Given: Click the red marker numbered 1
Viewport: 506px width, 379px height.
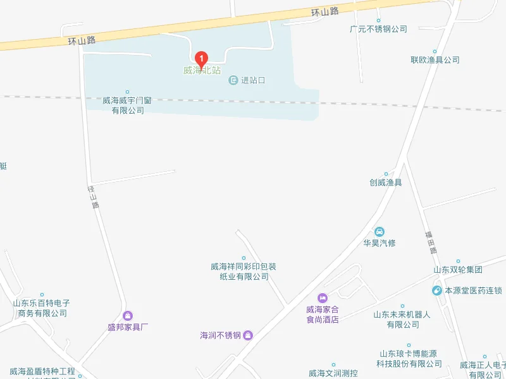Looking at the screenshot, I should [x=202, y=59].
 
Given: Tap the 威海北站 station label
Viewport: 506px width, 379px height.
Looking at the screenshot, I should [x=202, y=70].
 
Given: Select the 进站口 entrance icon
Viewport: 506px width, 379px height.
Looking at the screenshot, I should [x=233, y=80].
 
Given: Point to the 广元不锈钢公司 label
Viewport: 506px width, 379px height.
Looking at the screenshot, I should [x=378, y=29].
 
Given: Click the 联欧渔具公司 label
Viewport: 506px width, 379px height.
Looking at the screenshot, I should [x=435, y=60].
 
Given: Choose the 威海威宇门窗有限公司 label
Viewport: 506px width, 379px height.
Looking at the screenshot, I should [x=128, y=105].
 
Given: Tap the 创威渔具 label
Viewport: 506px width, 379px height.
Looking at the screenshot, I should [x=386, y=183].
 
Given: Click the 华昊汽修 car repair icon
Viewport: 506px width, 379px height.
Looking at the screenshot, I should [x=379, y=231].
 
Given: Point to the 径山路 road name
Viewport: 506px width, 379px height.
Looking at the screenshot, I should [x=94, y=196].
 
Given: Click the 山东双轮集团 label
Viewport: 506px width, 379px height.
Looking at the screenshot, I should [x=458, y=270].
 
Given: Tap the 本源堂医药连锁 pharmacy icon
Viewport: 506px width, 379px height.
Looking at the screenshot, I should [x=437, y=291].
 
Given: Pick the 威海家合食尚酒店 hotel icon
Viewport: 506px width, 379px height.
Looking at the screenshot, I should [x=323, y=298].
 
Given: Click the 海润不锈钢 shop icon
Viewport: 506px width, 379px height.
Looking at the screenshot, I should [x=248, y=335].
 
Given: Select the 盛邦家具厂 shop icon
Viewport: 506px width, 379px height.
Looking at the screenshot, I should [x=128, y=315].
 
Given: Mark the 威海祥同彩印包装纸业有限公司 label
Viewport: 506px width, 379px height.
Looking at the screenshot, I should [x=244, y=271].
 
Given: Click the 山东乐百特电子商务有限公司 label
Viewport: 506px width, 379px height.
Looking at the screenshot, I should [x=42, y=308].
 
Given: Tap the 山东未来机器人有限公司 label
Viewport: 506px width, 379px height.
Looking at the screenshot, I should [x=403, y=319].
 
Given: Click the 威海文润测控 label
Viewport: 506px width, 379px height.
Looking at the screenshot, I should [x=333, y=373].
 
